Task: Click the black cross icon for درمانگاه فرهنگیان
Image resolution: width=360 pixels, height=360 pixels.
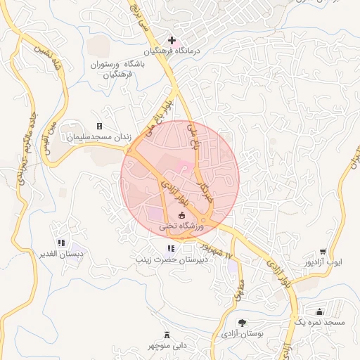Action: coord(172,40)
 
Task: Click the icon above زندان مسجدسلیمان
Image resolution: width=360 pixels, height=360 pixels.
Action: coord(99,126)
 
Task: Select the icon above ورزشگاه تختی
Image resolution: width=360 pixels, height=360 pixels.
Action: coord(181,215)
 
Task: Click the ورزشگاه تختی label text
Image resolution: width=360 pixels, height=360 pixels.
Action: coord(181,226)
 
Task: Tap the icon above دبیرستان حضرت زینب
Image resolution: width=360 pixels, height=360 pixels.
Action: coord(171,248)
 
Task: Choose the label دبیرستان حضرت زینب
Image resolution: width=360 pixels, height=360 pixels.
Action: coord(171,259)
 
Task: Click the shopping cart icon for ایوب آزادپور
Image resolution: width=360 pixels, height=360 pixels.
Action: coord(323,252)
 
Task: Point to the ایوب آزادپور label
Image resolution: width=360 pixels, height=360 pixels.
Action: coord(323,263)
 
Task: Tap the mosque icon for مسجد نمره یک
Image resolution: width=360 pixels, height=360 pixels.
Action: coord(320,311)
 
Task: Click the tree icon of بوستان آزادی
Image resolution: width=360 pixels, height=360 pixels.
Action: coord(243,323)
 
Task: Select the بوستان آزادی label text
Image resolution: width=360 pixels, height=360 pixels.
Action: coord(242,335)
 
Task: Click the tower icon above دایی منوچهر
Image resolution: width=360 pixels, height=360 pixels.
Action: coord(167,335)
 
